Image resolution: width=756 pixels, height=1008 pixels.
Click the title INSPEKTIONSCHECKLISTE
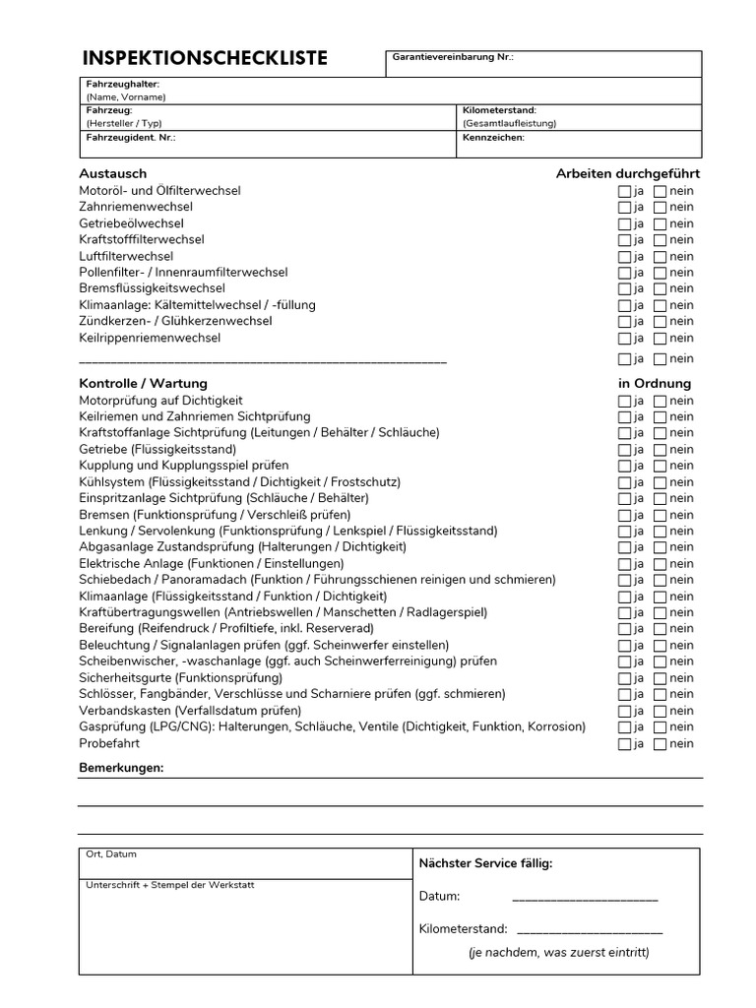[x=205, y=58]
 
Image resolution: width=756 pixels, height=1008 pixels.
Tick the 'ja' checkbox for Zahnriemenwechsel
[x=624, y=208]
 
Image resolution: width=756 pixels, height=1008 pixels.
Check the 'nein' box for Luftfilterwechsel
[x=660, y=257]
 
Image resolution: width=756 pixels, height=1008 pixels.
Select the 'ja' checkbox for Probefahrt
[x=624, y=744]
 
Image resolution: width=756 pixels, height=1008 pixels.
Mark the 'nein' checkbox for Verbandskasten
[x=660, y=712]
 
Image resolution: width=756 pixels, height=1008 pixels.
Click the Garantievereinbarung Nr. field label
[x=453, y=58]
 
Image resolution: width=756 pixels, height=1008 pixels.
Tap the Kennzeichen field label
[x=493, y=138]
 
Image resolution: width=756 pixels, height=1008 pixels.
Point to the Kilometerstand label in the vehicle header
[x=499, y=111]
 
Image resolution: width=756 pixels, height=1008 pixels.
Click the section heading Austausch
[x=112, y=174]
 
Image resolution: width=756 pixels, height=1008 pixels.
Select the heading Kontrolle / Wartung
[x=143, y=384]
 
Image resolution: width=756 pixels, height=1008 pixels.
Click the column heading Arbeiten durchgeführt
[x=627, y=174]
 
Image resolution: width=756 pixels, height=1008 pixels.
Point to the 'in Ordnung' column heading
[x=655, y=384]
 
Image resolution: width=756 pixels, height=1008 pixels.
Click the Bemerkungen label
[x=121, y=767]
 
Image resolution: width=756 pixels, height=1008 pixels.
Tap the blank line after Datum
[x=585, y=897]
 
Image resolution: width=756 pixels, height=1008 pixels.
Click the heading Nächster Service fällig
[x=485, y=863]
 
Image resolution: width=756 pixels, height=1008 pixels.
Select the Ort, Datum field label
[x=111, y=854]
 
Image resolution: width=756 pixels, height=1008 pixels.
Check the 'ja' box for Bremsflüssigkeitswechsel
[x=624, y=289]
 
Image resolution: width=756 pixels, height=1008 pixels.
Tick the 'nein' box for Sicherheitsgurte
[x=660, y=679]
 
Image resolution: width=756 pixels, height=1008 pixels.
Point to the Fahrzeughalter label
[x=122, y=85]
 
